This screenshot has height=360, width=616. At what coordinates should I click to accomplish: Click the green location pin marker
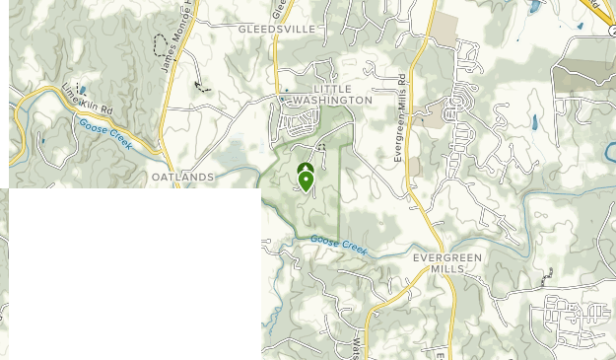click(x=306, y=180)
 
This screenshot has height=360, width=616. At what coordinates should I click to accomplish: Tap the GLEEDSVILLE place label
click(x=277, y=30)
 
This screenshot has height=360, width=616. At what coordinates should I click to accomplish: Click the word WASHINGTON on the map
click(x=332, y=101)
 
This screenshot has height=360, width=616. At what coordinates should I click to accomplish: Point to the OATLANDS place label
click(x=182, y=177)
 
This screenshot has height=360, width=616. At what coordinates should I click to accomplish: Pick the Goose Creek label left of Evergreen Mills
click(x=338, y=246)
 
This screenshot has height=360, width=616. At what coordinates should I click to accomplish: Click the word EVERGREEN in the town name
click(x=446, y=257)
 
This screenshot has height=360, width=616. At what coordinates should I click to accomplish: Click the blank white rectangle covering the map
click(x=135, y=273)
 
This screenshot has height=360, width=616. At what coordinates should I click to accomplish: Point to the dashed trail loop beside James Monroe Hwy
click(x=161, y=43)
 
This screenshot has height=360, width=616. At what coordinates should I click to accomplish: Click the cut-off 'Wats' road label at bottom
click(x=356, y=347)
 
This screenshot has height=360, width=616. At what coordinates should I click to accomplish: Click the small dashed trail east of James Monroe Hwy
click(x=203, y=86)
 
